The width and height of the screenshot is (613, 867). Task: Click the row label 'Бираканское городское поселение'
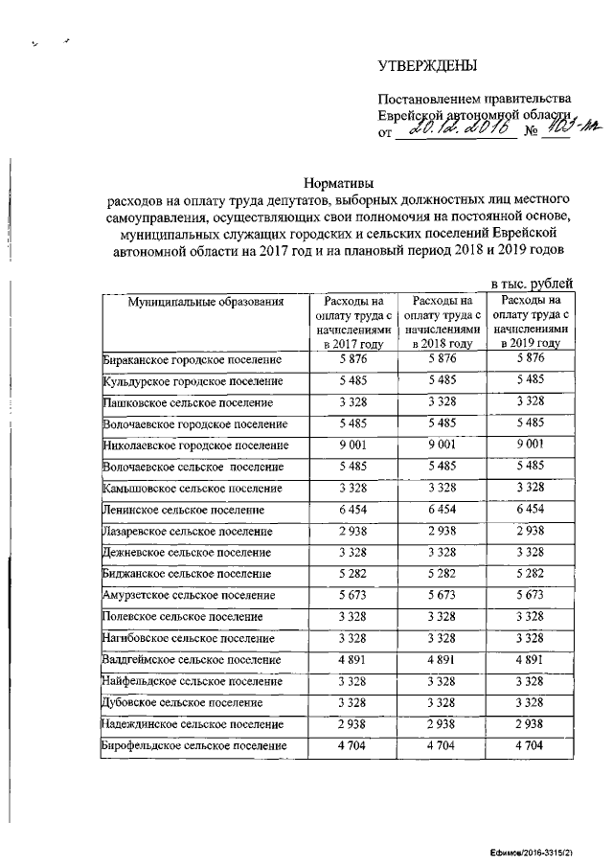coord(193,360)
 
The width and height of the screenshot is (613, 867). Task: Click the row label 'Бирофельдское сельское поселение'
coord(194,745)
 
